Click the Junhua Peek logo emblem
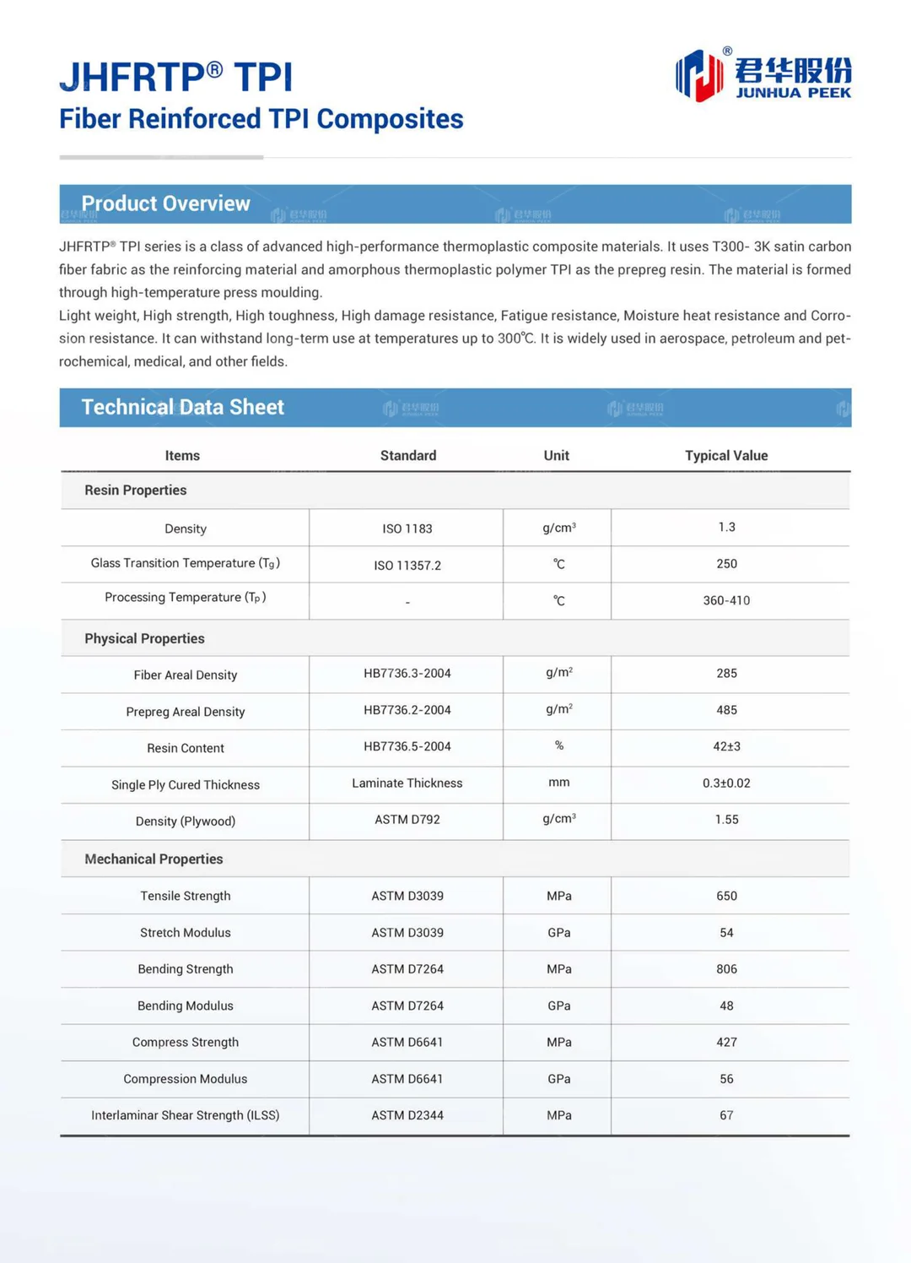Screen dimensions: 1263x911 tap(699, 75)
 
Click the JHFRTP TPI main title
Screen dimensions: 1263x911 tap(175, 78)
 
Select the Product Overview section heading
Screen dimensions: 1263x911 tap(165, 203)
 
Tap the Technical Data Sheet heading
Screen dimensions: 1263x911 tap(182, 407)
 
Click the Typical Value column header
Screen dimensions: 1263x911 tap(725, 455)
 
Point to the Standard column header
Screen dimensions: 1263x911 tap(407, 455)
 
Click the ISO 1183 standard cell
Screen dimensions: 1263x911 tap(407, 529)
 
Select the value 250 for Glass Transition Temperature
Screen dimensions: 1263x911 tap(726, 563)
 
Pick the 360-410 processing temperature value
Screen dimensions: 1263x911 tap(726, 600)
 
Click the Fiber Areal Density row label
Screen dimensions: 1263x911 tap(185, 675)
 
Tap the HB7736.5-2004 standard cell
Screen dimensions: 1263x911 tap(407, 746)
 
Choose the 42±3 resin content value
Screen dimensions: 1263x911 tap(726, 746)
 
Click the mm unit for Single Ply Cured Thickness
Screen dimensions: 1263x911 tap(558, 783)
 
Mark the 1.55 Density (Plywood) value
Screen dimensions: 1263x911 tap(726, 819)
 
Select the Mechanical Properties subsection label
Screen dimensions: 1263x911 tap(154, 859)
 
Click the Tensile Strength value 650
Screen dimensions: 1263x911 tap(726, 896)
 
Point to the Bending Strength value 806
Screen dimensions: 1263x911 tap(726, 969)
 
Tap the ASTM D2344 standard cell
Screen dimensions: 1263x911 tap(407, 1115)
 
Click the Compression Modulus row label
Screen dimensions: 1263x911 tap(185, 1079)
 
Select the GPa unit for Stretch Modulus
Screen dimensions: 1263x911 tap(558, 933)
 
